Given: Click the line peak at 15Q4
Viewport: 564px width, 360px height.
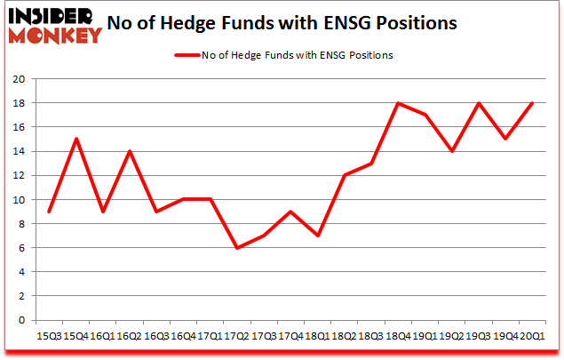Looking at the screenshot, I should tap(76, 139).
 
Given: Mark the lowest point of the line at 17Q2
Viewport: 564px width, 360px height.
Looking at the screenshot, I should tap(236, 247).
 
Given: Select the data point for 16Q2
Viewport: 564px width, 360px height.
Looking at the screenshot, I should tap(130, 151).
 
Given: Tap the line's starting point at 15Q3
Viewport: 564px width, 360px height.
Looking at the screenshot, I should tap(50, 211).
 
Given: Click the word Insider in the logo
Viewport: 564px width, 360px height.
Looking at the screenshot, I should tap(48, 17).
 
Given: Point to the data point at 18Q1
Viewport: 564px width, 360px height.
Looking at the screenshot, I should tap(317, 236).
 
